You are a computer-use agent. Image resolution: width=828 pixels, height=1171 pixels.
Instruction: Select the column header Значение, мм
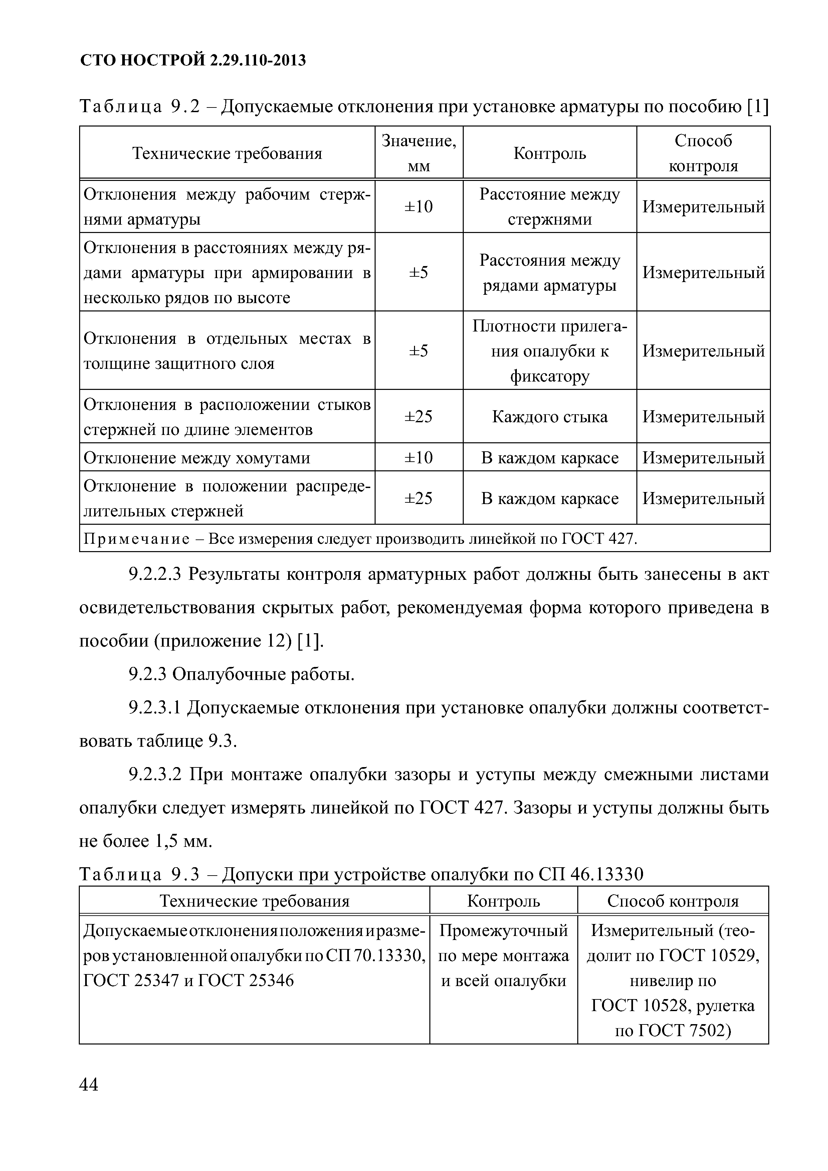click(419, 153)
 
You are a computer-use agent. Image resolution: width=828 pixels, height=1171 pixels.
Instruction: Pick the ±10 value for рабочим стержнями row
click(419, 207)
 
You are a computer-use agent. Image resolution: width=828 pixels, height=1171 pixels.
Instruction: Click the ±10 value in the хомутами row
click(419, 458)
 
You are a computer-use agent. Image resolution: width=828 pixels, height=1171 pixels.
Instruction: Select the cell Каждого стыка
click(550, 417)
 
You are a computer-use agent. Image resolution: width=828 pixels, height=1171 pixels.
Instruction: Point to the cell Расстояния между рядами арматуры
click(550, 272)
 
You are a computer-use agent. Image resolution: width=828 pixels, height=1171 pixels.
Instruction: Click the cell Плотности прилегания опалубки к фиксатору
click(550, 351)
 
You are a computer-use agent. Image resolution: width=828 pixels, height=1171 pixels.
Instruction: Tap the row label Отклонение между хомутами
click(197, 458)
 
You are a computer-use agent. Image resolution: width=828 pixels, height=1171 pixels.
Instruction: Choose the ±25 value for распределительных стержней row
click(419, 498)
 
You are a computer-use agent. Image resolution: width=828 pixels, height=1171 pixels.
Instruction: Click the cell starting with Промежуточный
click(503, 955)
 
